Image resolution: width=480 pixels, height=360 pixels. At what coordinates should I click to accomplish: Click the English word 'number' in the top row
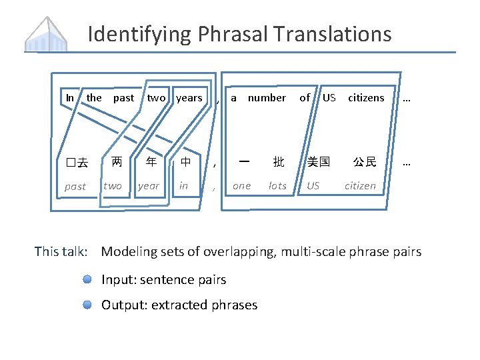click(267, 98)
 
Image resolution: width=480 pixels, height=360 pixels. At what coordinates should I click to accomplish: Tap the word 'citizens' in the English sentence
click(366, 98)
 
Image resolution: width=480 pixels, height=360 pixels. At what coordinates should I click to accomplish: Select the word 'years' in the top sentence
click(189, 98)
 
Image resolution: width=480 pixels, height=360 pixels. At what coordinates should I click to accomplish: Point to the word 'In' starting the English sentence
click(70, 98)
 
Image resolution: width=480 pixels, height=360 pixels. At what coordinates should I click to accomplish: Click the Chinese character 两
click(117, 161)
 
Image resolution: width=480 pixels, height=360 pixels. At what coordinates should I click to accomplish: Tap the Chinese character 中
click(185, 161)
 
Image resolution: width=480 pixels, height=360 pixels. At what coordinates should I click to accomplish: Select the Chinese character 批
click(278, 162)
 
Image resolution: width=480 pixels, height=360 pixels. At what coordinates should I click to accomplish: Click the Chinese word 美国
click(317, 162)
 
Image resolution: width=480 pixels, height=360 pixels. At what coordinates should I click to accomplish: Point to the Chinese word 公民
click(365, 162)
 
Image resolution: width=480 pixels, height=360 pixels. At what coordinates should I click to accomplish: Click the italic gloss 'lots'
click(277, 186)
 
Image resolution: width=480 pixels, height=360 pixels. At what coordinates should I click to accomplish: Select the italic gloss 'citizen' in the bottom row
click(360, 186)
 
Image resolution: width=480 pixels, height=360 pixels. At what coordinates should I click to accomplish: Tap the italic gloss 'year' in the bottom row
click(149, 186)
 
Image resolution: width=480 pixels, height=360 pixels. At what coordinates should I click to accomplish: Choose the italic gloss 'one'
click(241, 186)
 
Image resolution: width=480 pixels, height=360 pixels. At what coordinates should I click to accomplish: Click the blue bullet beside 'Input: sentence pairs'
click(87, 280)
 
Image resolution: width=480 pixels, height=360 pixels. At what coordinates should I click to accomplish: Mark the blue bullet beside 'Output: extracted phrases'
click(87, 305)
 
